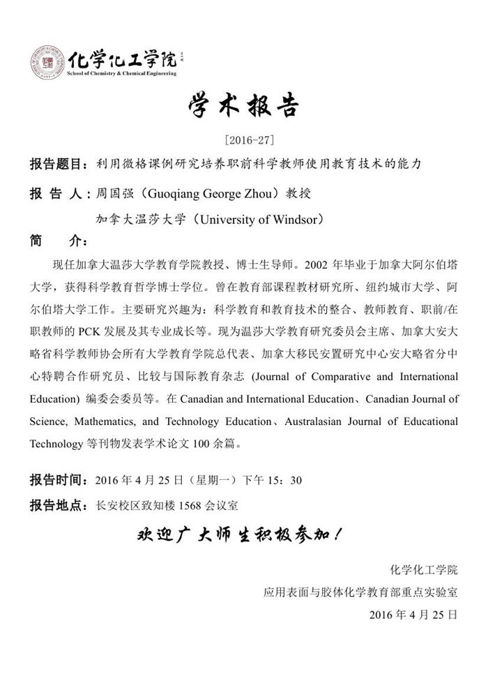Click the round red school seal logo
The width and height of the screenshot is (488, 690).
47,62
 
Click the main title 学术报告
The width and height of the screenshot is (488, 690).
243,106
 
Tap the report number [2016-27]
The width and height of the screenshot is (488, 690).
243,139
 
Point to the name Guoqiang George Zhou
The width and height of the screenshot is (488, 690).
189,193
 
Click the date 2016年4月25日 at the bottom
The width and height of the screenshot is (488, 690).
411,615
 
